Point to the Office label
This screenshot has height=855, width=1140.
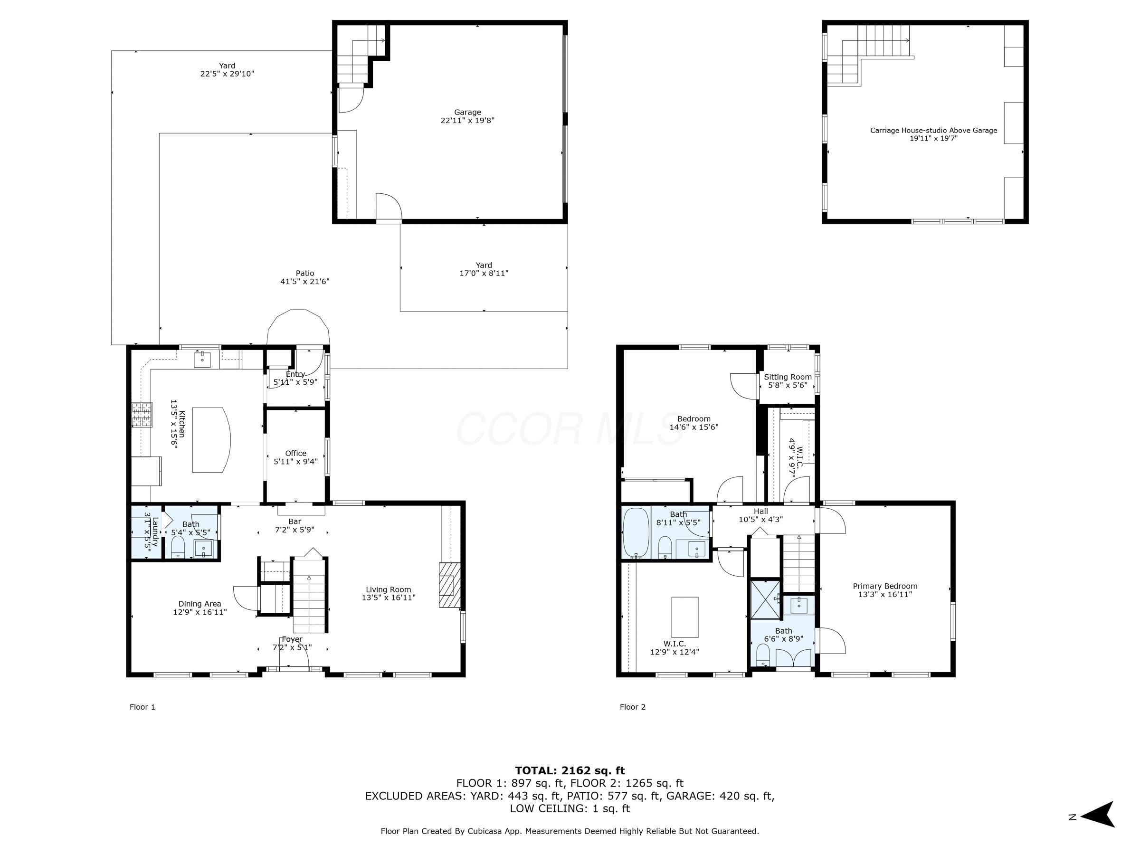pos(295,454)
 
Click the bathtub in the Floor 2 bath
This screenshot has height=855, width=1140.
pos(636,533)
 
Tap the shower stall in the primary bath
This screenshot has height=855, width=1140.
pos(765,599)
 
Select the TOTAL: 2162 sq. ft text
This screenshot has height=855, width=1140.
pos(570,770)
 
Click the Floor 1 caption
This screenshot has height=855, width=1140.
pos(142,707)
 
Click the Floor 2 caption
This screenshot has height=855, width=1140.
pos(632,707)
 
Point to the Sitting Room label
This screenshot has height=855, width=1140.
pos(788,377)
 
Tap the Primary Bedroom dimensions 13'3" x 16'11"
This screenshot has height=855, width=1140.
pos(885,594)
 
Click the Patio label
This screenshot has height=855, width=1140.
pos(304,273)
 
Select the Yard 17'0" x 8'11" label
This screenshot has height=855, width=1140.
pos(484,269)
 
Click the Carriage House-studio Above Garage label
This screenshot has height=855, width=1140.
pos(933,131)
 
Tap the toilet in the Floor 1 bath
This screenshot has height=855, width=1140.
pos(178,547)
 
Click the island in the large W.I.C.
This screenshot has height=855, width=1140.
pos(685,617)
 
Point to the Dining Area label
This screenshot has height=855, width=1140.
pos(200,604)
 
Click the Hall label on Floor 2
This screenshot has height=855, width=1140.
pos(760,511)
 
